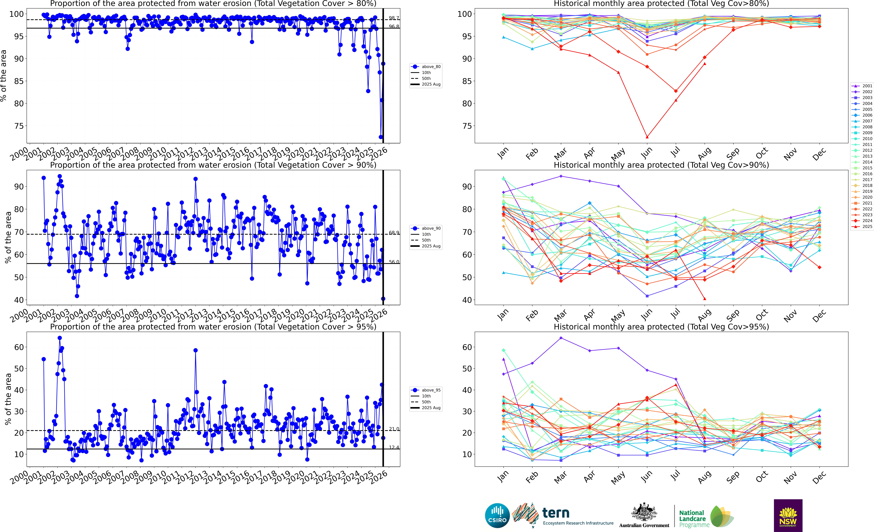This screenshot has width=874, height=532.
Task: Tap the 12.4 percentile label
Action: coord(394,447)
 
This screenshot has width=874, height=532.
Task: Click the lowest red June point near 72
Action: coord(647,137)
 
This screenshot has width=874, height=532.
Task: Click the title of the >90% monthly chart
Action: coord(661,165)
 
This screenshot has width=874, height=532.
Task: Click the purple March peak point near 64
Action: coord(561,338)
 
